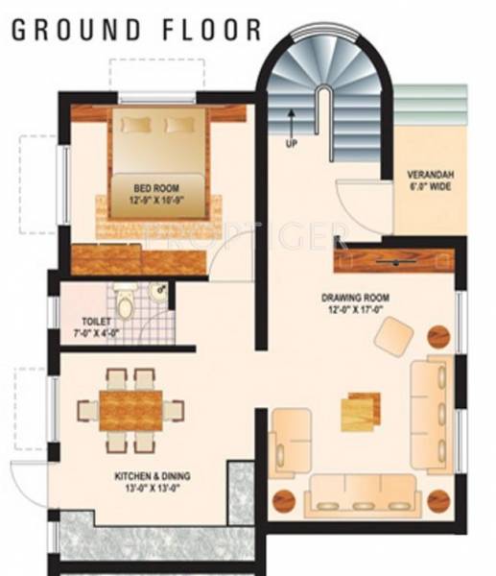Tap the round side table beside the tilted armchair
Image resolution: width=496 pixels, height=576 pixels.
pyautogui.click(x=437, y=336)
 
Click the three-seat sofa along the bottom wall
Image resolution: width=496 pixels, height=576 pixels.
pyautogui.click(x=363, y=502)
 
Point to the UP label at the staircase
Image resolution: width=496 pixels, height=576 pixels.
pyautogui.click(x=292, y=144)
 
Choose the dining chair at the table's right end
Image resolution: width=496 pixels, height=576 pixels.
pyautogui.click(x=175, y=410)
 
